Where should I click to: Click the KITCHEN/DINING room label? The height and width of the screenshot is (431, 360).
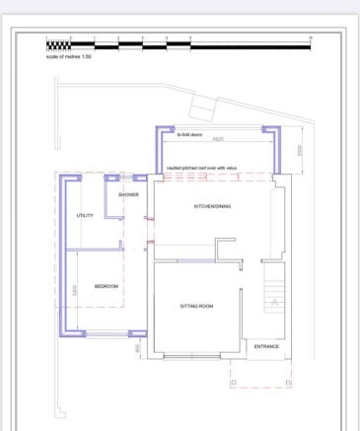(x=213, y=206)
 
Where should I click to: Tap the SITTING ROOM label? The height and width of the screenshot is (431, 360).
(x=196, y=306)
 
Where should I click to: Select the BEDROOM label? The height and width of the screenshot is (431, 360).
(x=106, y=286)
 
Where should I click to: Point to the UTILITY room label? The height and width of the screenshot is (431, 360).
(x=84, y=215)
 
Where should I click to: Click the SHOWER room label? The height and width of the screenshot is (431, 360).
(x=129, y=195)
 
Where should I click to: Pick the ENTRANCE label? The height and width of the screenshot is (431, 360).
(x=266, y=346)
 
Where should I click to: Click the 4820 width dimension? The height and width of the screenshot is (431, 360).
(x=217, y=139)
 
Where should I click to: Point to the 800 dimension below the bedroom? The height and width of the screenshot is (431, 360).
(x=138, y=347)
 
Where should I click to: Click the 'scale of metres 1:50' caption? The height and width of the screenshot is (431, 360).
(x=69, y=56)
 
